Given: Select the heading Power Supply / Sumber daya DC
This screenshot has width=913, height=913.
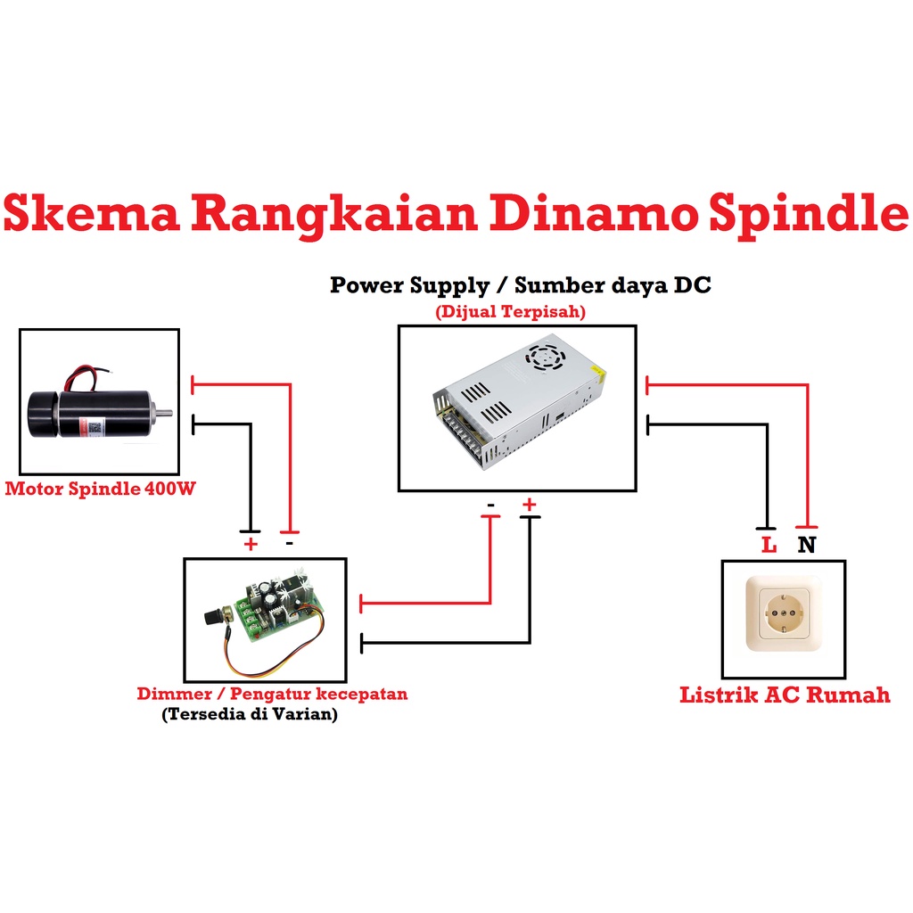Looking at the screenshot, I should (x=521, y=285).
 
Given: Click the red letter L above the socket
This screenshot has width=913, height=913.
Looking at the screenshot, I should (x=769, y=544).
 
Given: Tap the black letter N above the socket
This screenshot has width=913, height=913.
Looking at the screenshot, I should (x=806, y=544).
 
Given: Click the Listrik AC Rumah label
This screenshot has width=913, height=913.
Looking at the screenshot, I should (x=785, y=695).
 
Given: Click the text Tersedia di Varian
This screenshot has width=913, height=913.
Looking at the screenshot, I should (x=250, y=714).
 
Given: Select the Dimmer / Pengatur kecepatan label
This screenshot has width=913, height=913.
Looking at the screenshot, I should (x=272, y=694).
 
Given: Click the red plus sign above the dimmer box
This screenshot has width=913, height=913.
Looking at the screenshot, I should (x=250, y=543).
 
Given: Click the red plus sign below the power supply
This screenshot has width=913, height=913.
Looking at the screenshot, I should (x=530, y=506).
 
